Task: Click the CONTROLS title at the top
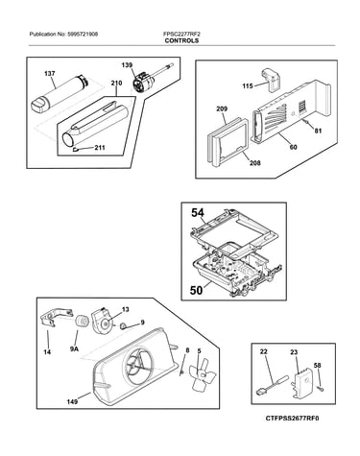click(181, 40)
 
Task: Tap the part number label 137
click(50, 74)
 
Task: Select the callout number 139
click(127, 65)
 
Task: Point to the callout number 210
click(116, 84)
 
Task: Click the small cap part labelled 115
click(272, 79)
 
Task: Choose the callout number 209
click(222, 108)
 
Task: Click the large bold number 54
click(199, 212)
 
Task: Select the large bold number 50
click(196, 290)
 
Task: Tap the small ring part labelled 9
click(123, 326)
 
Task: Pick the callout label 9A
click(74, 348)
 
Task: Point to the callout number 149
click(72, 401)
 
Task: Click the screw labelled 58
click(321, 388)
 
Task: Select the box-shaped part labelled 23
click(302, 385)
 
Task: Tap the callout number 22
click(264, 351)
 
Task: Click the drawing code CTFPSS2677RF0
click(292, 419)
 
